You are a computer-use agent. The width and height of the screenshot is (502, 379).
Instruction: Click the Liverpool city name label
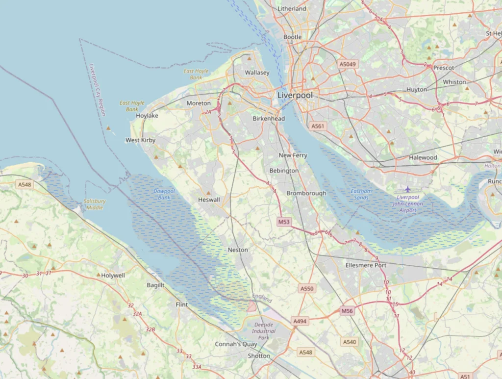pyautogui.click(x=295, y=95)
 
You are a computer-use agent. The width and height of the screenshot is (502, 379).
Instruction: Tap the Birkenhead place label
pyautogui.click(x=269, y=119)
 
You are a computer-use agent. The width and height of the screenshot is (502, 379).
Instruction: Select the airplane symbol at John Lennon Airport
pyautogui.click(x=407, y=189)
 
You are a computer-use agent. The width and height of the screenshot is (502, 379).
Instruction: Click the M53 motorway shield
pyautogui.click(x=284, y=222)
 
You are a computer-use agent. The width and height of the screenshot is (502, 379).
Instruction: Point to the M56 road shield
pyautogui.click(x=347, y=311)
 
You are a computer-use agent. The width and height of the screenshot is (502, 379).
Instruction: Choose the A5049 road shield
pyautogui.click(x=348, y=64)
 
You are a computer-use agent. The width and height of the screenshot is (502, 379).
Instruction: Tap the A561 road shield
pyautogui.click(x=318, y=126)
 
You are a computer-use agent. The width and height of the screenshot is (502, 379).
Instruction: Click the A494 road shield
pyautogui.click(x=300, y=321)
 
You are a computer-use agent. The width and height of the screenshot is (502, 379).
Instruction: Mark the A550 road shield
pyautogui.click(x=306, y=289)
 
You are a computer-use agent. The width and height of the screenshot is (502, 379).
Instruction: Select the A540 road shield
pyautogui.click(x=350, y=342)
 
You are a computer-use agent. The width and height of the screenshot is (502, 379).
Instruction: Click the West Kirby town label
pyautogui.click(x=140, y=140)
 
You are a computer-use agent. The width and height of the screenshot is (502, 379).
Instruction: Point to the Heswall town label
pyautogui.click(x=209, y=200)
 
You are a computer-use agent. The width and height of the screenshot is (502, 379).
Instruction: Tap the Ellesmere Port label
pyautogui.click(x=366, y=265)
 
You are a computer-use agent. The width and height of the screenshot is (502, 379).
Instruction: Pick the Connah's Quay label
pyautogui.click(x=236, y=344)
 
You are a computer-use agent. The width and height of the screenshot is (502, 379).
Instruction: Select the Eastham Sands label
pyautogui.click(x=361, y=194)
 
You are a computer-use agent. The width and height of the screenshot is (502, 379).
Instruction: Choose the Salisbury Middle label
pyautogui.click(x=95, y=204)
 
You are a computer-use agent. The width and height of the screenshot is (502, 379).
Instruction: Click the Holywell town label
pyautogui.click(x=113, y=276)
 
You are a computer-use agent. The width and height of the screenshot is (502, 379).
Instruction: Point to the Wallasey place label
pyautogui.click(x=257, y=73)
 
